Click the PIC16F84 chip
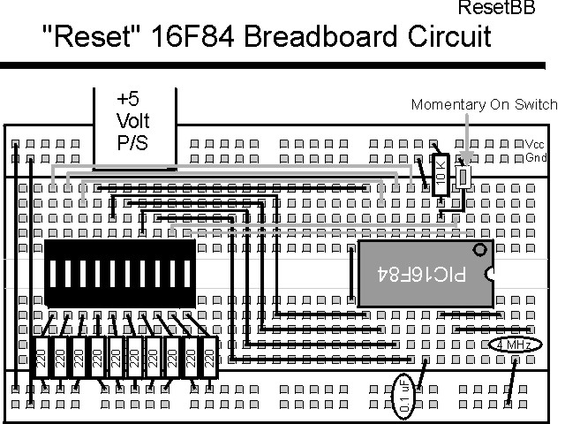tap(425, 274)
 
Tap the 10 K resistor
tap(441, 173)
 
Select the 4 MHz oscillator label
tap(511, 344)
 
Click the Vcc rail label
tap(535, 144)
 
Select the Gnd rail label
tap(535, 157)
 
